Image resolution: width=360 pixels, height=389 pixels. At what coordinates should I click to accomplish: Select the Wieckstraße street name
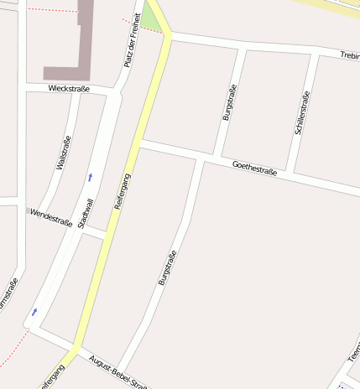tap(69, 88)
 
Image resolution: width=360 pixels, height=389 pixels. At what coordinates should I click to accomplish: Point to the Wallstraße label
tap(63, 153)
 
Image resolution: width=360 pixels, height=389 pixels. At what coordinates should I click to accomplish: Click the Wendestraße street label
tap(50, 217)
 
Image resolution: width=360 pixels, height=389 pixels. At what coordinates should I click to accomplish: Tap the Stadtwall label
tap(86, 214)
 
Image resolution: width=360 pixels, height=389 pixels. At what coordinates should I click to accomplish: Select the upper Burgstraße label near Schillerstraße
tap(229, 102)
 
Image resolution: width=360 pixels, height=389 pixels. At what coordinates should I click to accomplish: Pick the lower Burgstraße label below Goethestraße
tap(167, 268)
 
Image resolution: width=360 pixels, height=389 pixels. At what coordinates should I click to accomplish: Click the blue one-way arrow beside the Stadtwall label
tap(91, 177)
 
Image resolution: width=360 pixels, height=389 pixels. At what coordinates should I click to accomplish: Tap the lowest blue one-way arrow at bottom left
tap(34, 313)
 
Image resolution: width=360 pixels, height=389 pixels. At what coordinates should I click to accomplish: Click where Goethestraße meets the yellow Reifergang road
tap(140, 144)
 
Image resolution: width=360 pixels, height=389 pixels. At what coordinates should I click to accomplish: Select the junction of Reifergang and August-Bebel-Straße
tap(76, 348)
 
